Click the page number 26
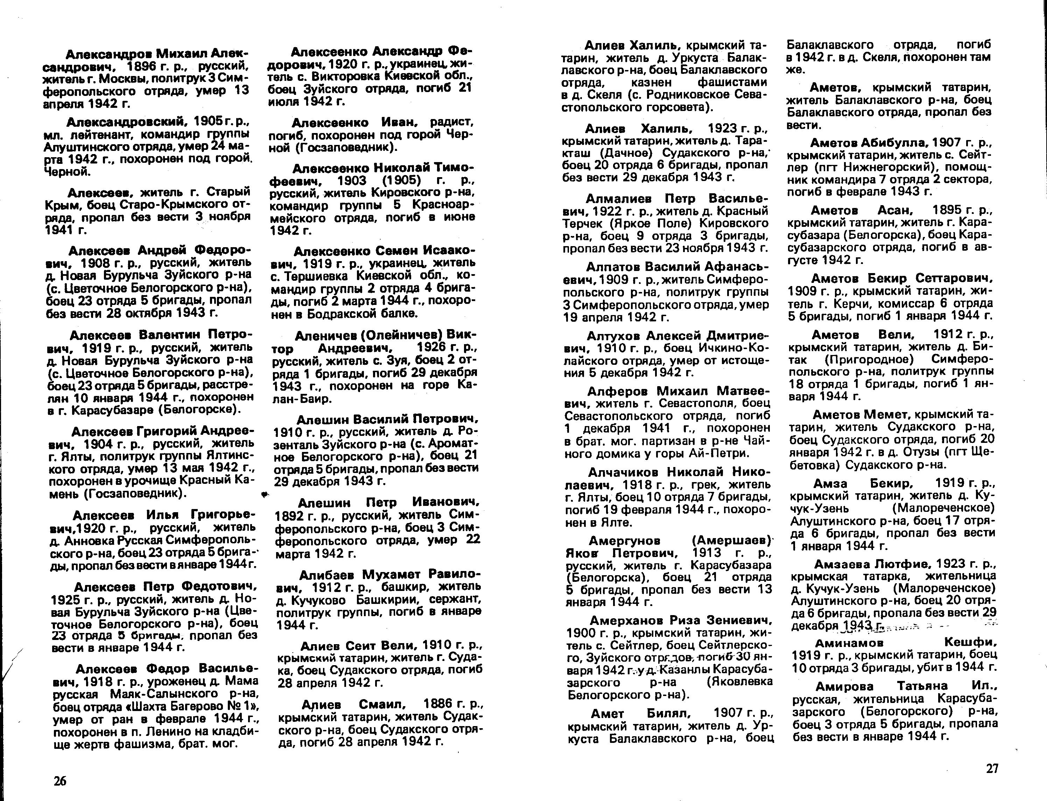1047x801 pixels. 60,781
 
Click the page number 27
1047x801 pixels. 991,768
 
